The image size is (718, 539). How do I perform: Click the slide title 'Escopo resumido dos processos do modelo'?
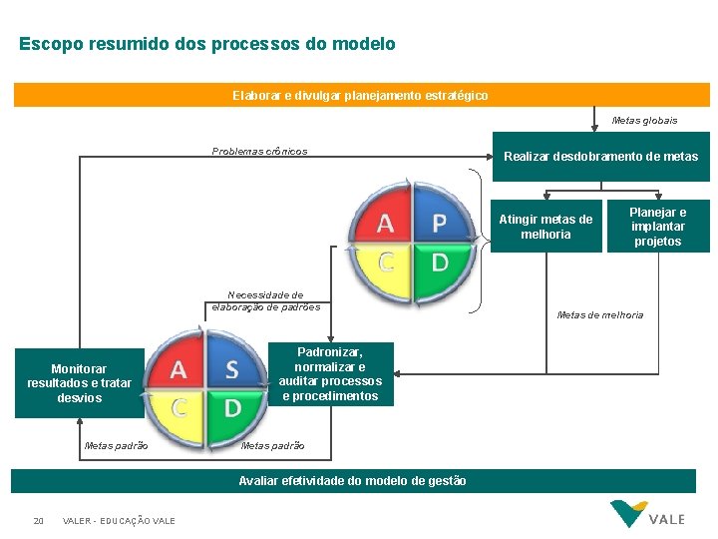point(207,45)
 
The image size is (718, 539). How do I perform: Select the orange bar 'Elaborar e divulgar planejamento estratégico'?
point(360,95)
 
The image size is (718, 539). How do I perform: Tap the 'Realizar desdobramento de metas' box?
point(600,157)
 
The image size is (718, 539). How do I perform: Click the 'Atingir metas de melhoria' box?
point(545,227)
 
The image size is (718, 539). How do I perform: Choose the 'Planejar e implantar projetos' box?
point(658,227)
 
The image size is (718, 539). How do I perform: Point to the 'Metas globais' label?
point(644,121)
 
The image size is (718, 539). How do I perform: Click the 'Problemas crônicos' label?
point(259,152)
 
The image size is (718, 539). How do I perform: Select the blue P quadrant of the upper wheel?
point(438,218)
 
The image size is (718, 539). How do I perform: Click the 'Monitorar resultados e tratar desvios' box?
point(79,383)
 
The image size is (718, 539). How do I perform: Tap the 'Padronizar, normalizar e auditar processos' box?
point(330,374)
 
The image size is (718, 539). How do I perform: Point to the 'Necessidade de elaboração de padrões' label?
point(266,301)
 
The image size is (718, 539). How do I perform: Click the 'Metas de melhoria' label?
point(600,315)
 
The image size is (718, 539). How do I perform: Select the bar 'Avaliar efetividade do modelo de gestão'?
point(353,481)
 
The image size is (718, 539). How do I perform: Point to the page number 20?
point(38,521)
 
